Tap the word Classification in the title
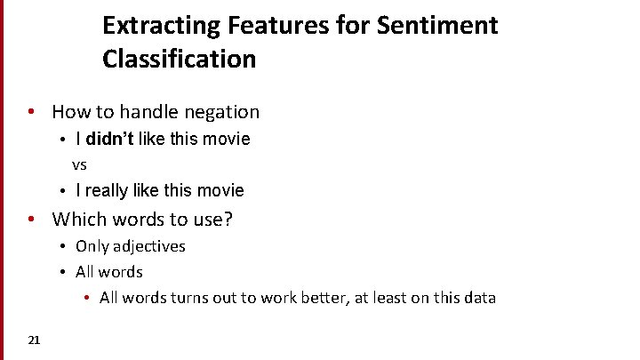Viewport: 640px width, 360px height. click(x=179, y=60)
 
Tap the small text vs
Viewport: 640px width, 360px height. click(x=79, y=165)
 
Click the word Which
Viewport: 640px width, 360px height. click(x=77, y=219)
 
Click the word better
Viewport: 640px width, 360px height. click(x=318, y=298)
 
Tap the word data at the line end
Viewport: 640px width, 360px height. click(x=478, y=298)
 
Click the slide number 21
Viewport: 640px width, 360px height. click(x=34, y=340)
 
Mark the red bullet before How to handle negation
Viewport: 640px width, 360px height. click(x=30, y=112)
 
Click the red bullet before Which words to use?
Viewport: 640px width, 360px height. click(x=30, y=219)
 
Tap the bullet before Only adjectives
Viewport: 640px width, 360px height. click(x=64, y=246)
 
